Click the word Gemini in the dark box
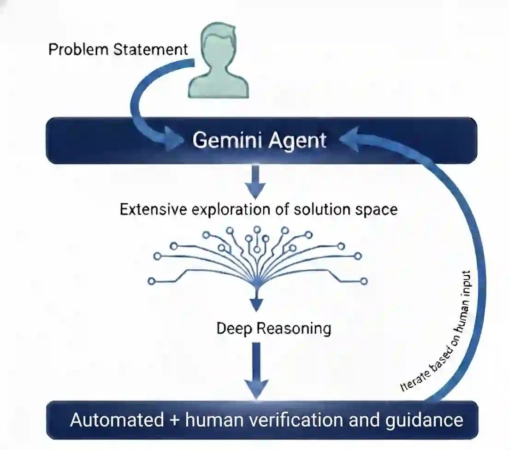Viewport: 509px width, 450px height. (222, 140)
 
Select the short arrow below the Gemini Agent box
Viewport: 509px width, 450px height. (256, 183)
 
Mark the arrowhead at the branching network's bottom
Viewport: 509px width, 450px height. (256, 304)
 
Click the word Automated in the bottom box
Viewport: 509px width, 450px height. (117, 420)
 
